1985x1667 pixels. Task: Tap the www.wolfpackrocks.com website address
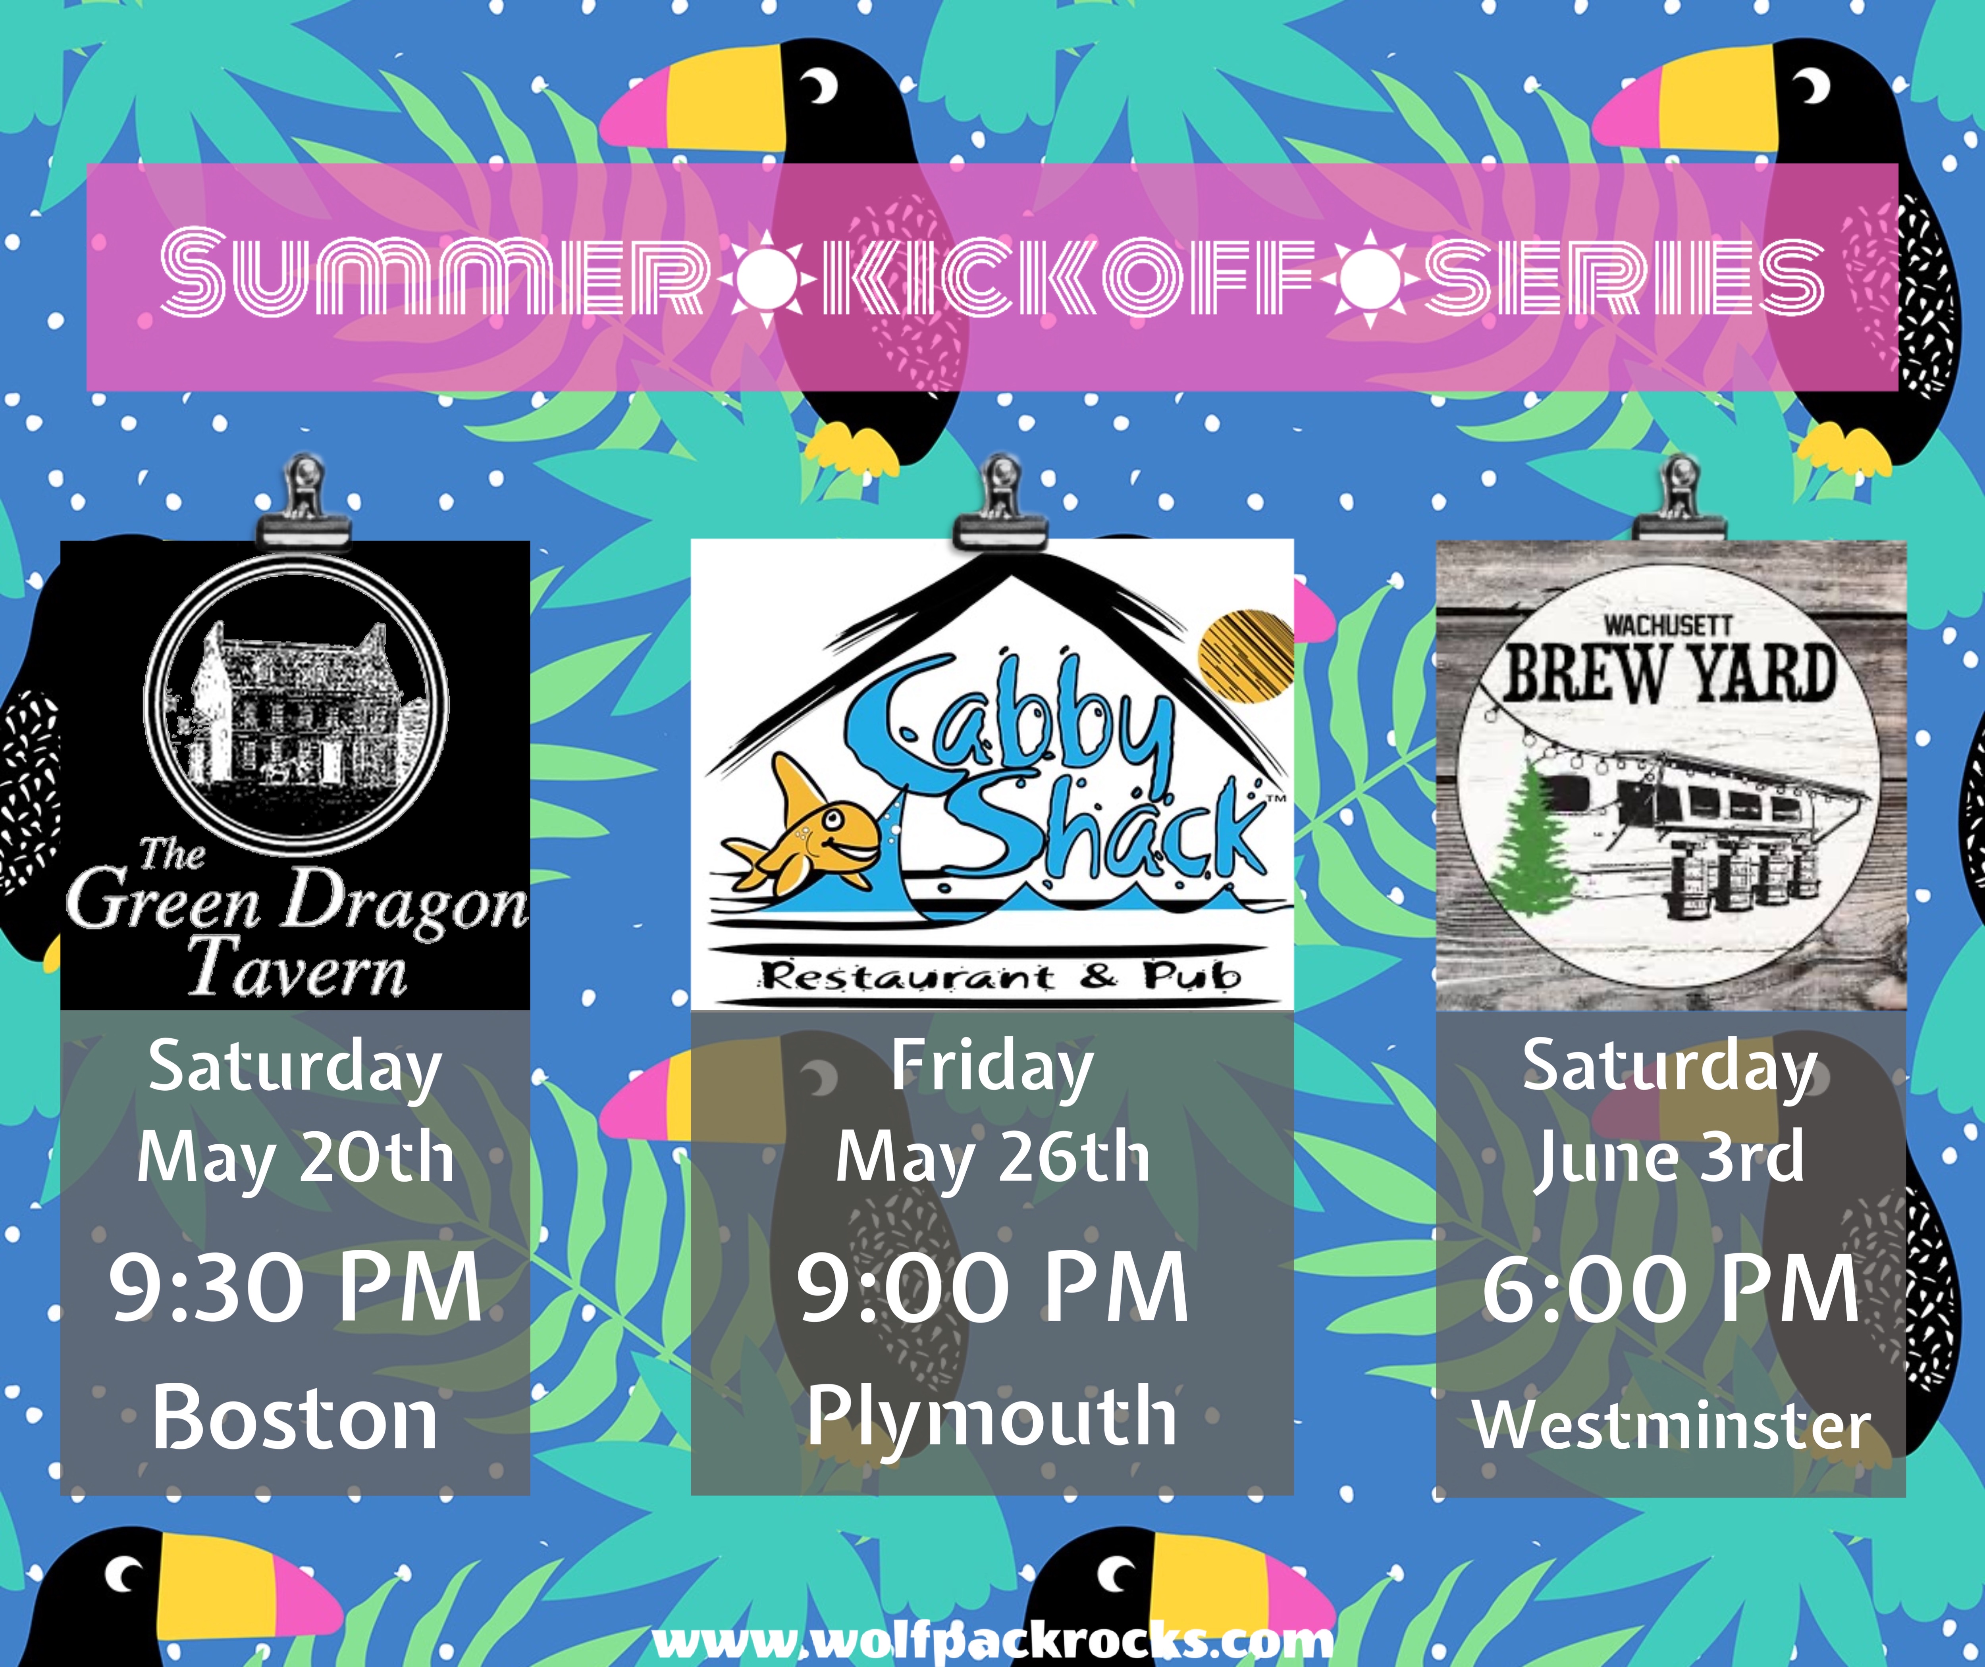(x=992, y=1642)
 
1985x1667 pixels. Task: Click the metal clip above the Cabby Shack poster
(x=1000, y=503)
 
